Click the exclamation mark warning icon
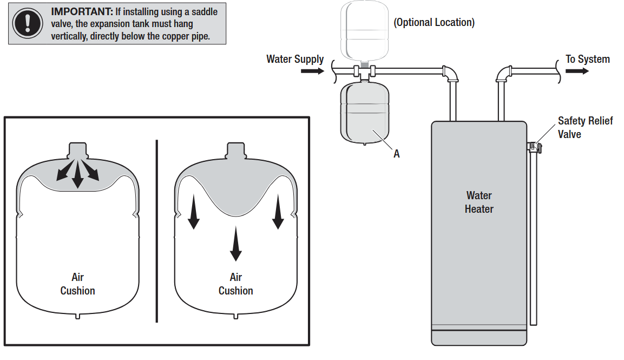[x=27, y=23]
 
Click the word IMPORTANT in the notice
[x=82, y=11]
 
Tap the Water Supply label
[x=295, y=59]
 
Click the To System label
[x=588, y=59]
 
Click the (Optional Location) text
[x=434, y=22]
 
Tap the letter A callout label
[x=396, y=154]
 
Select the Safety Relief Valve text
[x=584, y=127]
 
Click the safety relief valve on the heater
[x=534, y=146]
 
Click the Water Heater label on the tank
[x=479, y=202]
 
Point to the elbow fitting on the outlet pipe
[x=503, y=74]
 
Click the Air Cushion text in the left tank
[x=77, y=284]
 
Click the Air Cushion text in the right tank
[x=235, y=284]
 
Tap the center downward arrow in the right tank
[x=235, y=244]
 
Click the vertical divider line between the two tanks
[x=157, y=230]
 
